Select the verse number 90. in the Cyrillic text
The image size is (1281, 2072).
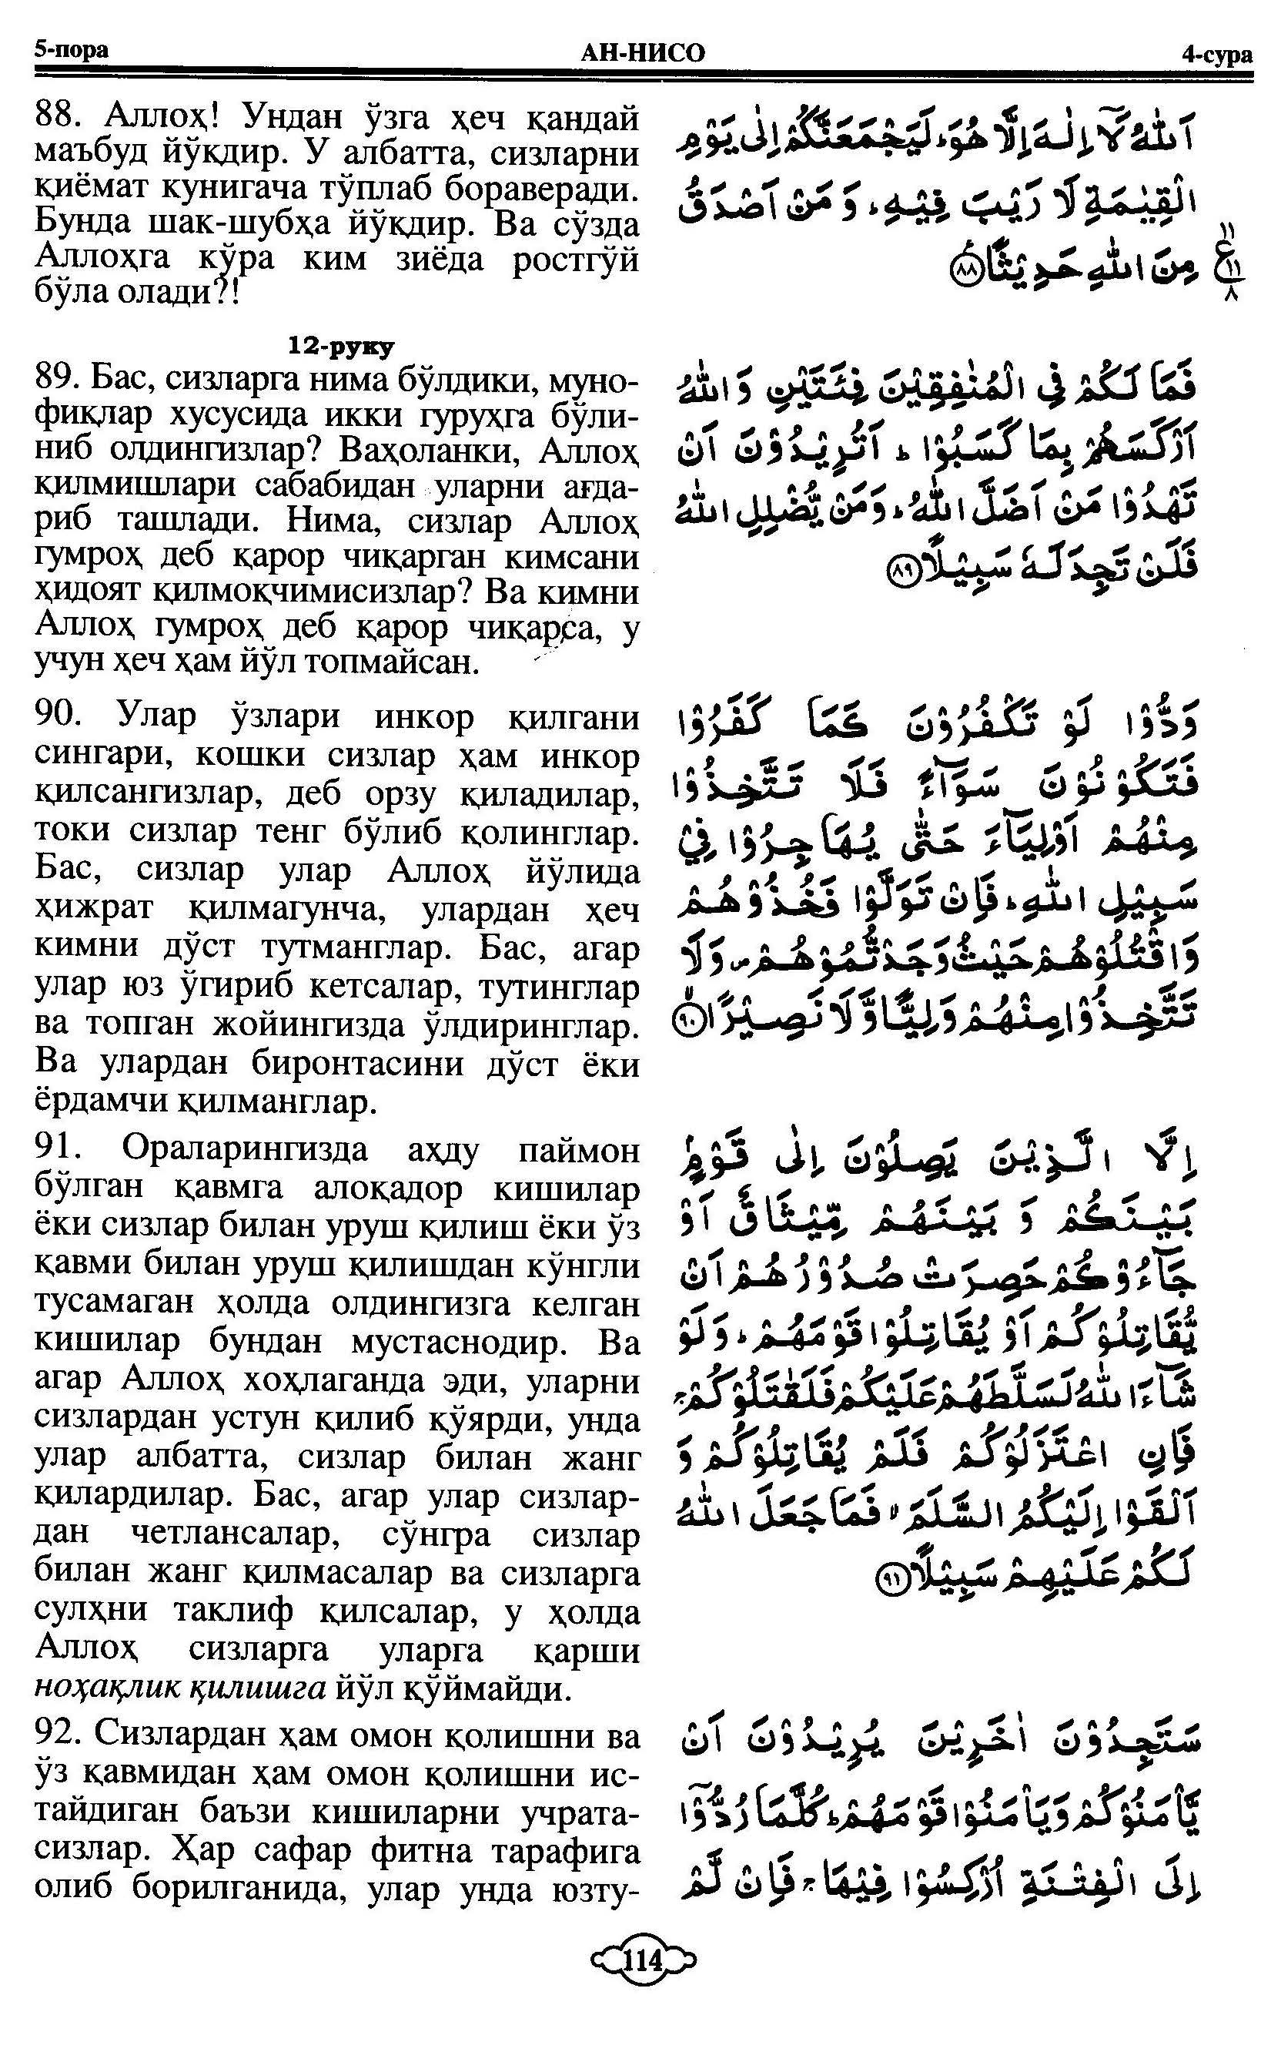point(58,717)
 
